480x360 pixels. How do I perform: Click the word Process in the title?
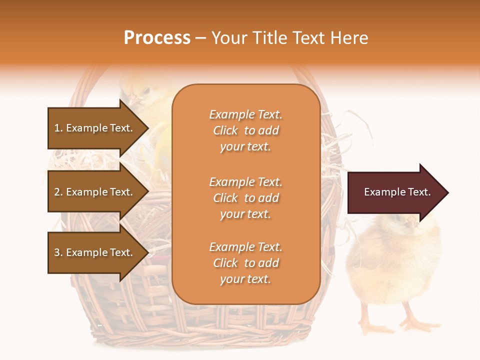point(157,38)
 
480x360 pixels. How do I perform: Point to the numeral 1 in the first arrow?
point(57,128)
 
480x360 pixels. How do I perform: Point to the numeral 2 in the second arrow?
point(57,192)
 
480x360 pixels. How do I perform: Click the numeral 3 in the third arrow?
point(57,252)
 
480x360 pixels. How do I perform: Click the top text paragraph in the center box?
point(245,130)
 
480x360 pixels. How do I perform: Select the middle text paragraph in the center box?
point(245,198)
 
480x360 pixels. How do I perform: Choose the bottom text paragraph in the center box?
point(245,263)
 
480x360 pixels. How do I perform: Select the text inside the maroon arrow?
point(397,192)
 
